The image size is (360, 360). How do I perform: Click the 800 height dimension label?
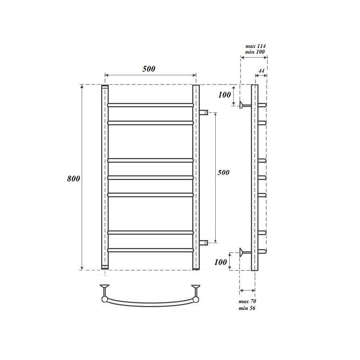pyautogui.click(x=73, y=179)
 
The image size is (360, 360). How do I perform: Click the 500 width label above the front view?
pyautogui.click(x=149, y=69)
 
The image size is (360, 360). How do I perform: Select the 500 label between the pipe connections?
pyautogui.click(x=224, y=172)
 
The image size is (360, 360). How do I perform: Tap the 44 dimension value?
pyautogui.click(x=261, y=71)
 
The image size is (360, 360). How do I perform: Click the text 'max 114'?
pyautogui.click(x=255, y=46)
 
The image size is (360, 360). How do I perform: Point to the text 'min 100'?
pyautogui.click(x=255, y=52)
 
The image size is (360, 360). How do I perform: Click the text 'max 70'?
pyautogui.click(x=247, y=301)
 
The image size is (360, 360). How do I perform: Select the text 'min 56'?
pyautogui.click(x=247, y=308)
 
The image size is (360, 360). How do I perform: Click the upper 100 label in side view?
pyautogui.click(x=225, y=95)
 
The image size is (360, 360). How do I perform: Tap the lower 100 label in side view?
pyautogui.click(x=221, y=262)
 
